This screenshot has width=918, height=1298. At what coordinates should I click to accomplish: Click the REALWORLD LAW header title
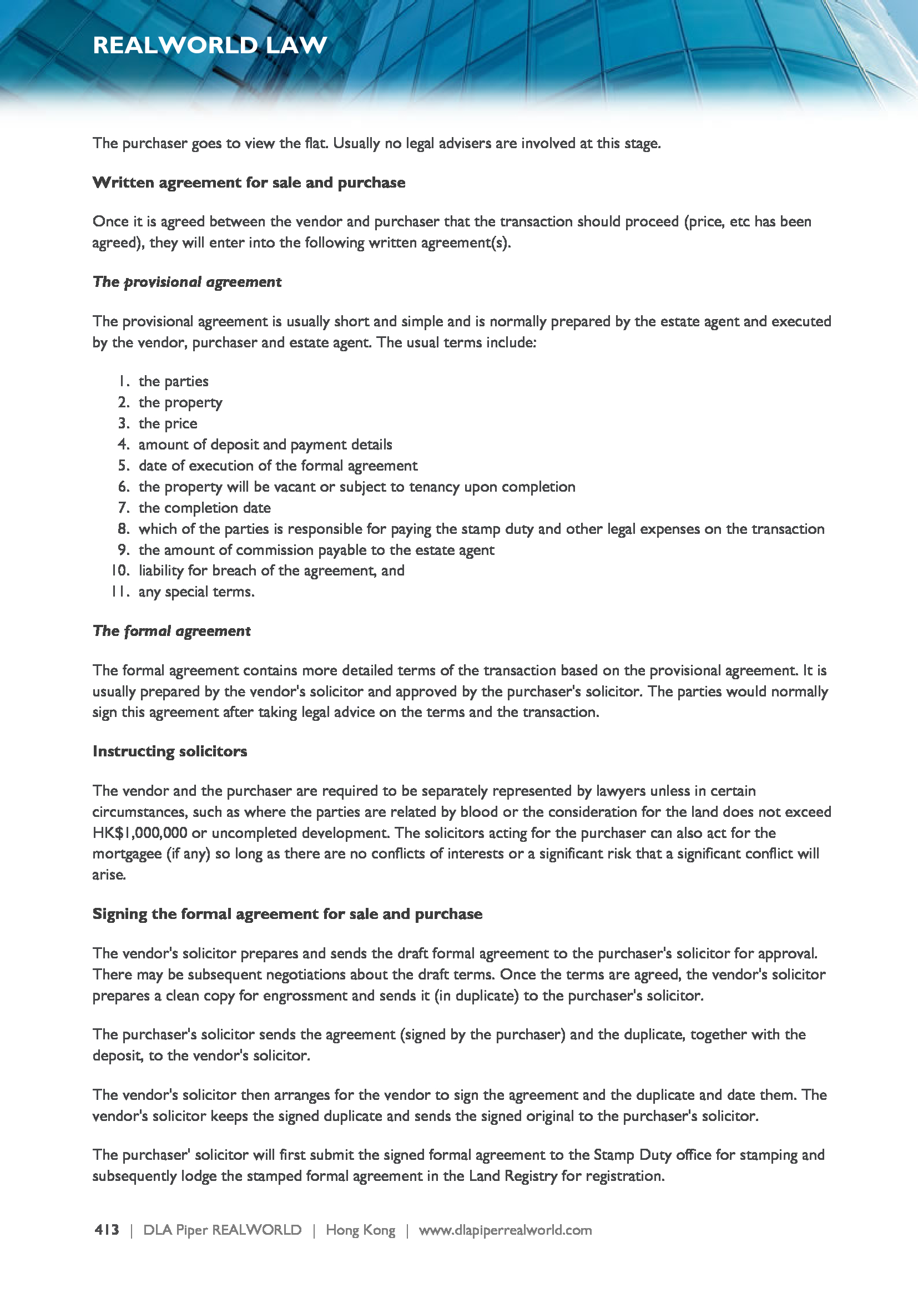point(210,45)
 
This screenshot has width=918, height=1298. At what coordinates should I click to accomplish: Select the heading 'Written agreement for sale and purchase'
point(249,183)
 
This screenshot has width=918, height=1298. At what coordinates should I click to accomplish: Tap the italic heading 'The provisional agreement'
point(186,281)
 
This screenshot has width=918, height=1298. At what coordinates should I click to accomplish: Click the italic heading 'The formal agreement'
point(172,631)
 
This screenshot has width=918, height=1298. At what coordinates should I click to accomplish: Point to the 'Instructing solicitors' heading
point(170,751)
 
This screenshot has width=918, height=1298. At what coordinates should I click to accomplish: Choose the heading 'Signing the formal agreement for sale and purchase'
point(287,914)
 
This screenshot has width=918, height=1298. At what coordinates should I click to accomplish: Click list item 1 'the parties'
point(173,382)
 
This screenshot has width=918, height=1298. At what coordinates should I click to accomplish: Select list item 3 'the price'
point(167,423)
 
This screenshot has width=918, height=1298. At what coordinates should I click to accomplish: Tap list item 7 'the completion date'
point(204,508)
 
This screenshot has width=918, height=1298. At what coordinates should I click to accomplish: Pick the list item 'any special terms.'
point(196,592)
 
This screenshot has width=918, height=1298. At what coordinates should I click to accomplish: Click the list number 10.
point(120,571)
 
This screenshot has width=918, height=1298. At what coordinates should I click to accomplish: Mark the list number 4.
point(123,445)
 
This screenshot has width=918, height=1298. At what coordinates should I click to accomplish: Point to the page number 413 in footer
point(107,1230)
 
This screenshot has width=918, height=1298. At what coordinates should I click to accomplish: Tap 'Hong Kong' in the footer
point(360,1230)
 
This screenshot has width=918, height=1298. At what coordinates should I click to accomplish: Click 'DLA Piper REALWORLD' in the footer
point(222,1230)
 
